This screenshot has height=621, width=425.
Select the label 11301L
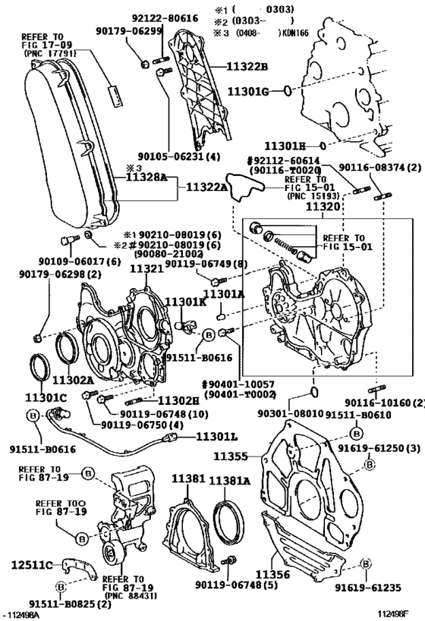click(x=219, y=437)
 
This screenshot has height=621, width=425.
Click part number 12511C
click(x=33, y=565)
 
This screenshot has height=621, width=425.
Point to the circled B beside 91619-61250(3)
click(x=356, y=433)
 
